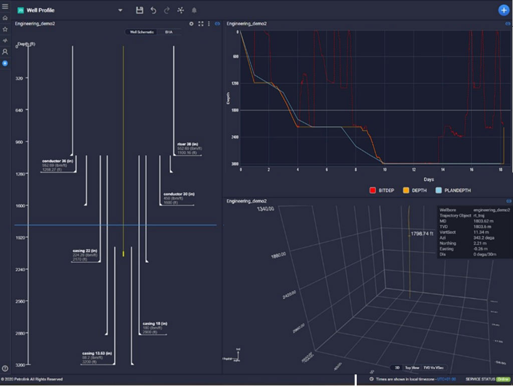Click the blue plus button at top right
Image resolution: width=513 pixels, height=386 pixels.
point(503,10)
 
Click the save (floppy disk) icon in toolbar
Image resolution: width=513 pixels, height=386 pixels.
point(140,10)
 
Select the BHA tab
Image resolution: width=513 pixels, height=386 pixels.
point(168,32)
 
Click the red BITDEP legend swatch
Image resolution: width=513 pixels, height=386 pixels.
point(373,190)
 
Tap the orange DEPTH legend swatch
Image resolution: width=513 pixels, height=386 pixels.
point(407,190)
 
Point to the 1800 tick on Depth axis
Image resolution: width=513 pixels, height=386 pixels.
point(235,110)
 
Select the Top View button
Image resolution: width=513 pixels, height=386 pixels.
point(412,367)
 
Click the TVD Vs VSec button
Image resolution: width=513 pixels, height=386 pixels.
point(434,367)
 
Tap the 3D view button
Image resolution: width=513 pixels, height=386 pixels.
point(396,367)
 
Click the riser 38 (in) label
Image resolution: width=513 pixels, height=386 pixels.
point(188,144)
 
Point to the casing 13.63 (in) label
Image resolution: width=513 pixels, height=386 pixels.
point(97,353)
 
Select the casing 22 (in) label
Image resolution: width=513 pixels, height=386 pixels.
point(85,251)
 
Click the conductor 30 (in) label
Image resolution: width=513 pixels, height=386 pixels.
point(179,194)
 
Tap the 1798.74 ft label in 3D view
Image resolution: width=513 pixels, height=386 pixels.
point(421,234)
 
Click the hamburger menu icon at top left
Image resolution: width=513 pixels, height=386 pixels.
point(5,7)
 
